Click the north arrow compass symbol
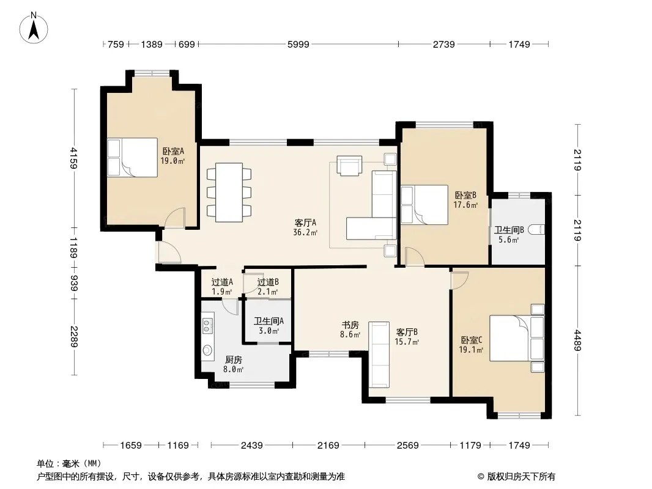[x=34, y=28]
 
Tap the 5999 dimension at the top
[x=298, y=44]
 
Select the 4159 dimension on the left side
[x=73, y=158]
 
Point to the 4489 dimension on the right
[x=577, y=340]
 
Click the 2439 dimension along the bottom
[x=251, y=446]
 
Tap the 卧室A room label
[x=173, y=151]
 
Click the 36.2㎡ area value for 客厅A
[x=305, y=233]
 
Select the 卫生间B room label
[x=509, y=230]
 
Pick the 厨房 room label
[x=233, y=360]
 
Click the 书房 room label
[x=350, y=325]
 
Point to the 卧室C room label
[x=472, y=340]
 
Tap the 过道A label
[x=222, y=282]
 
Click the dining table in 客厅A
[x=229, y=192]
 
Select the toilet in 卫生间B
[x=536, y=230]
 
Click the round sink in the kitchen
[x=207, y=350]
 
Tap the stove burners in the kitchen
[x=207, y=325]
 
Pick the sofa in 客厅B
[x=379, y=355]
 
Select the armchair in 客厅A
[x=349, y=166]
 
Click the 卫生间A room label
[x=269, y=321]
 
